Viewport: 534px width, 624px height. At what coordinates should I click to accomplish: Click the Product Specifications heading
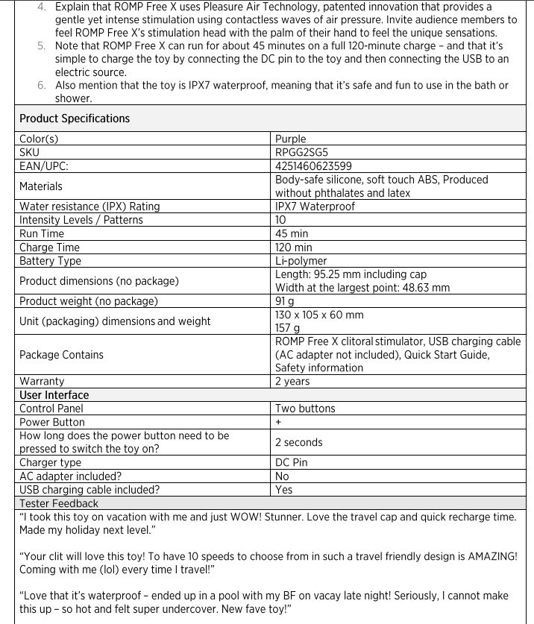(x=75, y=119)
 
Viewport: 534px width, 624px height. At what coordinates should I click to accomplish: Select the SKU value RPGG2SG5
(x=301, y=152)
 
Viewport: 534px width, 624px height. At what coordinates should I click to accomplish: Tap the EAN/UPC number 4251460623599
(x=314, y=166)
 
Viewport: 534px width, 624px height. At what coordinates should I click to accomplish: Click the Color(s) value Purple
(x=290, y=139)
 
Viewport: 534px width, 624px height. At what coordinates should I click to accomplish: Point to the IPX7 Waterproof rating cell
(x=315, y=207)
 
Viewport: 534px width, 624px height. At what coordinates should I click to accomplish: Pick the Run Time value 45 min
(x=292, y=233)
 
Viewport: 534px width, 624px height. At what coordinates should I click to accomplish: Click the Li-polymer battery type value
(x=301, y=261)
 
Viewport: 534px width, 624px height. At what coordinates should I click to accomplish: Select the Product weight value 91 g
(x=286, y=301)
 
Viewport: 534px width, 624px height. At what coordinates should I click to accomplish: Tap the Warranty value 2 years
(x=292, y=382)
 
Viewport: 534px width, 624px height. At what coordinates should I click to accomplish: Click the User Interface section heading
(x=54, y=395)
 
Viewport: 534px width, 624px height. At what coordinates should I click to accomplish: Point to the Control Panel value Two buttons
(x=305, y=409)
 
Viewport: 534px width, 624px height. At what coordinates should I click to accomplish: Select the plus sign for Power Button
(x=278, y=422)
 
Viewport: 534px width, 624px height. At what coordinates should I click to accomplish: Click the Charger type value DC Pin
(x=291, y=462)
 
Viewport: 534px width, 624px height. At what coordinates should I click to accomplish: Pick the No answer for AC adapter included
(x=282, y=476)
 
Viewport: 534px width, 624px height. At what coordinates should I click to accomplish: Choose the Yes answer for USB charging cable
(x=283, y=490)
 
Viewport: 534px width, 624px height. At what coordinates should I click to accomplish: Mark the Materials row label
(x=41, y=186)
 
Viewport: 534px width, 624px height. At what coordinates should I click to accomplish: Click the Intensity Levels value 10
(x=280, y=220)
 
